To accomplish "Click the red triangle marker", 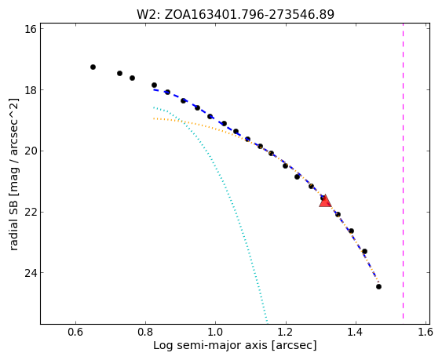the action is [325, 201].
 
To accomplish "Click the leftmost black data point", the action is [93, 67].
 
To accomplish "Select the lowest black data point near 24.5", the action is [378, 286].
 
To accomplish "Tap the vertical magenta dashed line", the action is [403, 171].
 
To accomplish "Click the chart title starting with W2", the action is [236, 14].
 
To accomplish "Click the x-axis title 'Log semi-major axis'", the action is [235, 345].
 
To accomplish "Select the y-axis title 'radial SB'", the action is [13, 174].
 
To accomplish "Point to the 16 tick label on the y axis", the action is [30, 29].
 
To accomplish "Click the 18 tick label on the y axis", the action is [30, 90].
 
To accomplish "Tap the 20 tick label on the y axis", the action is [30, 151].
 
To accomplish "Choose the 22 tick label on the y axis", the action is [30, 212].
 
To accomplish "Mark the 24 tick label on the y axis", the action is [30, 273].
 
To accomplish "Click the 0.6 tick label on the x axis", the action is [75, 332].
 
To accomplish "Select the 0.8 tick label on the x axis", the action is [145, 332].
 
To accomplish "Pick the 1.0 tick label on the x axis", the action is [216, 332].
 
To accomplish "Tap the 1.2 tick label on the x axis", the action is [286, 332].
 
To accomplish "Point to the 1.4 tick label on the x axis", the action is [356, 332].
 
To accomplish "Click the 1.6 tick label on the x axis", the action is [426, 332].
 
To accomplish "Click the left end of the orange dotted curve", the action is [154, 118].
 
